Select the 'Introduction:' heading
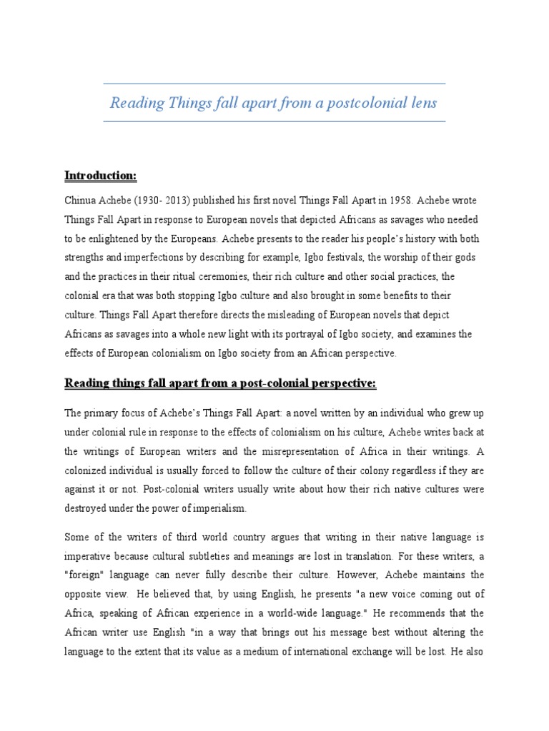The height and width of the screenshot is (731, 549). [100, 176]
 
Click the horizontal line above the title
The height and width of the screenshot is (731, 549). [274, 84]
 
